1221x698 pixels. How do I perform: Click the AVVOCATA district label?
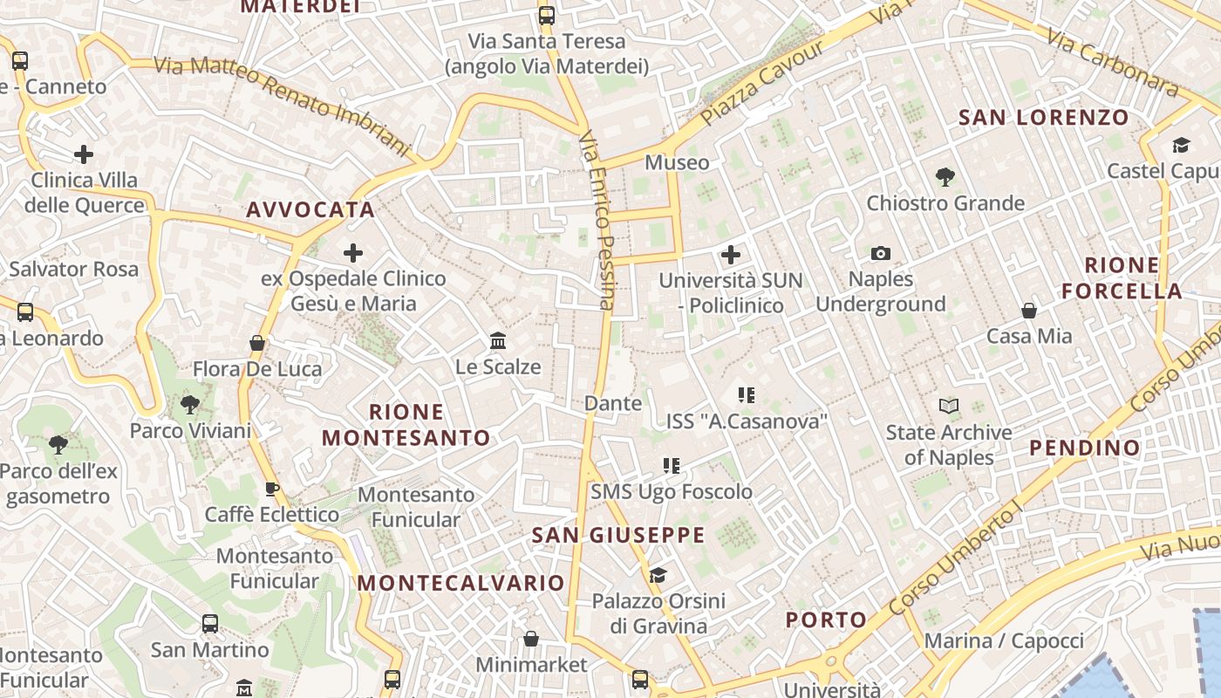(x=310, y=210)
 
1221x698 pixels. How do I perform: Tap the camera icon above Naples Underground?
(x=881, y=254)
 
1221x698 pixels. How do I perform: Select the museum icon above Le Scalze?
(x=498, y=340)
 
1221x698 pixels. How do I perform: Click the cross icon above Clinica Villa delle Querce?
(x=84, y=155)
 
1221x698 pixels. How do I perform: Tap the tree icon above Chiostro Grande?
(x=945, y=177)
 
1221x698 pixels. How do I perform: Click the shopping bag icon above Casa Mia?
(x=1029, y=311)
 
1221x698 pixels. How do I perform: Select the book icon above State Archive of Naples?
(x=949, y=406)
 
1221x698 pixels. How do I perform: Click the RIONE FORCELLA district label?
(x=1122, y=278)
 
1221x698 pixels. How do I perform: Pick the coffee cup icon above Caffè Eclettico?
(x=272, y=489)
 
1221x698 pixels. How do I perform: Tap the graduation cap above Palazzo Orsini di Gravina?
(x=658, y=575)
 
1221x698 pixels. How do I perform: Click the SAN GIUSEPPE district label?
(x=618, y=536)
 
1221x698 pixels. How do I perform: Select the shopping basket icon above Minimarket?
(x=531, y=640)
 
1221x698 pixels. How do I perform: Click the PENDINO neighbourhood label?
(x=1085, y=448)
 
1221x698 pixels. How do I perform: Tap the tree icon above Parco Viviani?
(x=189, y=405)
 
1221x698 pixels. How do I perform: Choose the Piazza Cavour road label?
(x=762, y=83)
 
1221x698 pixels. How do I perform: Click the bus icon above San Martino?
(x=210, y=624)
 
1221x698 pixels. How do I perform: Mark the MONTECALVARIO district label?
(x=461, y=583)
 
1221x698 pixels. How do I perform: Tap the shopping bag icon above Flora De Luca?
(x=257, y=343)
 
